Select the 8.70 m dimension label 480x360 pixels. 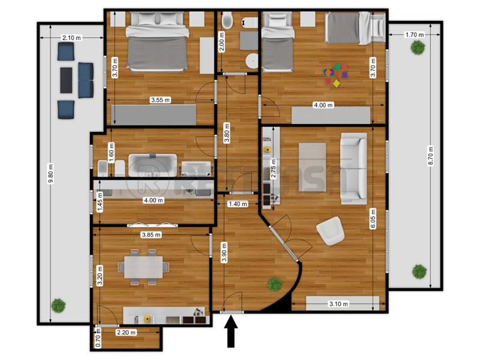tap(430, 158)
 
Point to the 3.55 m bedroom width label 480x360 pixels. tap(160, 100)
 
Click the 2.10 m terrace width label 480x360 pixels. tap(71, 38)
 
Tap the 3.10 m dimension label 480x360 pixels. tap(338, 304)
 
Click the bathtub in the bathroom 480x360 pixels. tap(153, 165)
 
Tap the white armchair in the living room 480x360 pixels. tap(330, 232)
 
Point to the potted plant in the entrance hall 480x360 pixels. tap(275, 283)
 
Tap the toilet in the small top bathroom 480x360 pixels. tap(227, 24)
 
